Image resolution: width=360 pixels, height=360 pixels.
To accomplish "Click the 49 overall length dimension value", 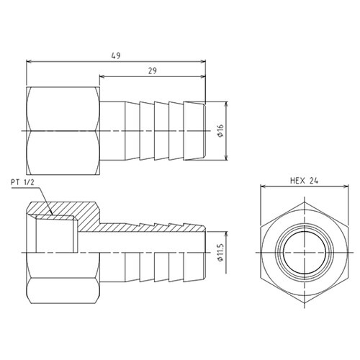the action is (116, 55).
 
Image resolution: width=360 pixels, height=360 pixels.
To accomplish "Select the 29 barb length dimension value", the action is (153, 71).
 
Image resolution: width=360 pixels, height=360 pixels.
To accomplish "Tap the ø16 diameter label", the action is (220, 131).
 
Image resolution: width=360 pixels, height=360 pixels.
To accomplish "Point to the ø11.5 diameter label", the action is (220, 253).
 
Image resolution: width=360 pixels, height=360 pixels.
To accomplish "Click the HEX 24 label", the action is (304, 181).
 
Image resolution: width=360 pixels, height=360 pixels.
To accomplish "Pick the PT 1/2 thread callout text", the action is (22, 182).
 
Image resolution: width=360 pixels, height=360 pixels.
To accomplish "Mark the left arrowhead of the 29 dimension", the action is (103, 76).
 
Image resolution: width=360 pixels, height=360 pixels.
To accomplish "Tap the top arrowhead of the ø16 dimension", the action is (226, 104).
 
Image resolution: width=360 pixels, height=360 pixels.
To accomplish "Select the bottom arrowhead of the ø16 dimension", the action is (226, 157).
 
